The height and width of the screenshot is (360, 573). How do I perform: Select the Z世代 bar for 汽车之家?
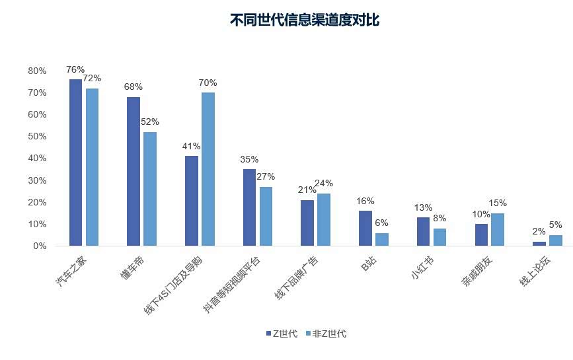click(x=75, y=162)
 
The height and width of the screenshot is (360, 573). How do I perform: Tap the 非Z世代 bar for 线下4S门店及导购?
click(x=208, y=169)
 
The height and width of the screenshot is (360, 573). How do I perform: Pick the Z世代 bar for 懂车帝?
click(x=134, y=171)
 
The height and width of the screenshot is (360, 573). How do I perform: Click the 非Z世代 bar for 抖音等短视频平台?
click(x=266, y=216)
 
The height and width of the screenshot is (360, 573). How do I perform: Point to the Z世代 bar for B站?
click(x=365, y=228)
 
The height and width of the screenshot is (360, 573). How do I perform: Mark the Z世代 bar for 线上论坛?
click(x=539, y=243)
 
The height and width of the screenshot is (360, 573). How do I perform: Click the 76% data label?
click(x=75, y=69)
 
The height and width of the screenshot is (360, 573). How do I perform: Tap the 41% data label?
click(x=192, y=146)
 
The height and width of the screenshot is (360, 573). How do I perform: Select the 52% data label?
click(x=150, y=122)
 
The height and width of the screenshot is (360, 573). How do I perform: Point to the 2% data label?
click(x=539, y=232)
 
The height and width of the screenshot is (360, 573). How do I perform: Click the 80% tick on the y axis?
click(x=37, y=71)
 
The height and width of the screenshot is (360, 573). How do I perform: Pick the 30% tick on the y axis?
click(x=37, y=180)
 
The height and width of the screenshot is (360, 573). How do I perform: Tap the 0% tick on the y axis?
click(x=40, y=246)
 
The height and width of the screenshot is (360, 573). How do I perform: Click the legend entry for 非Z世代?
click(x=325, y=334)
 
